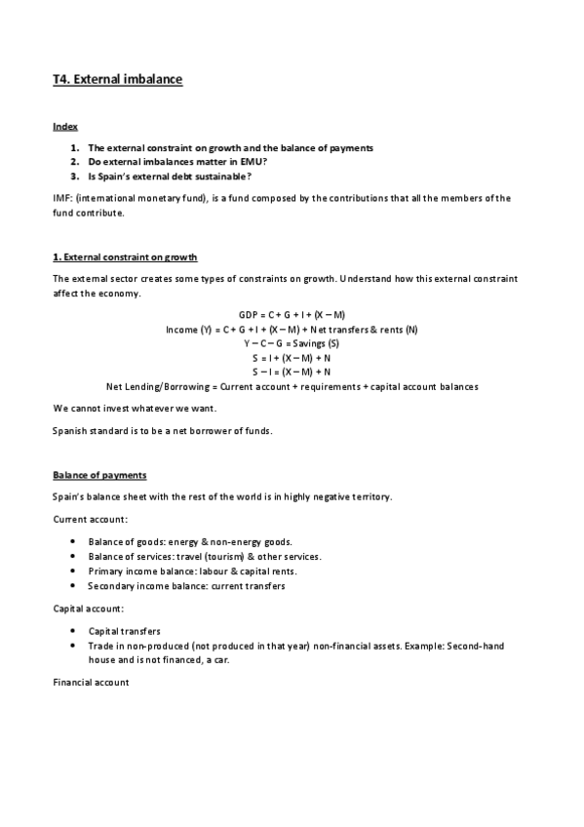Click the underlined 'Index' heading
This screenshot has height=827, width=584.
(x=65, y=127)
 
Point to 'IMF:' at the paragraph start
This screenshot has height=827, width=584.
(x=63, y=197)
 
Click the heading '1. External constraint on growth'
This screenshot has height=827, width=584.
(x=125, y=256)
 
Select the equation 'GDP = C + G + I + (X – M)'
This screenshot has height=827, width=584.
(x=292, y=316)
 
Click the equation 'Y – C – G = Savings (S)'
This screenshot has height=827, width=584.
(x=292, y=343)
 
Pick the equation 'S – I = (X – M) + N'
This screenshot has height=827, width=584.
(x=292, y=372)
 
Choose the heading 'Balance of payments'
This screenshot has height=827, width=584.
(x=99, y=475)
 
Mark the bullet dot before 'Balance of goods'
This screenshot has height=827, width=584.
(x=74, y=541)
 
